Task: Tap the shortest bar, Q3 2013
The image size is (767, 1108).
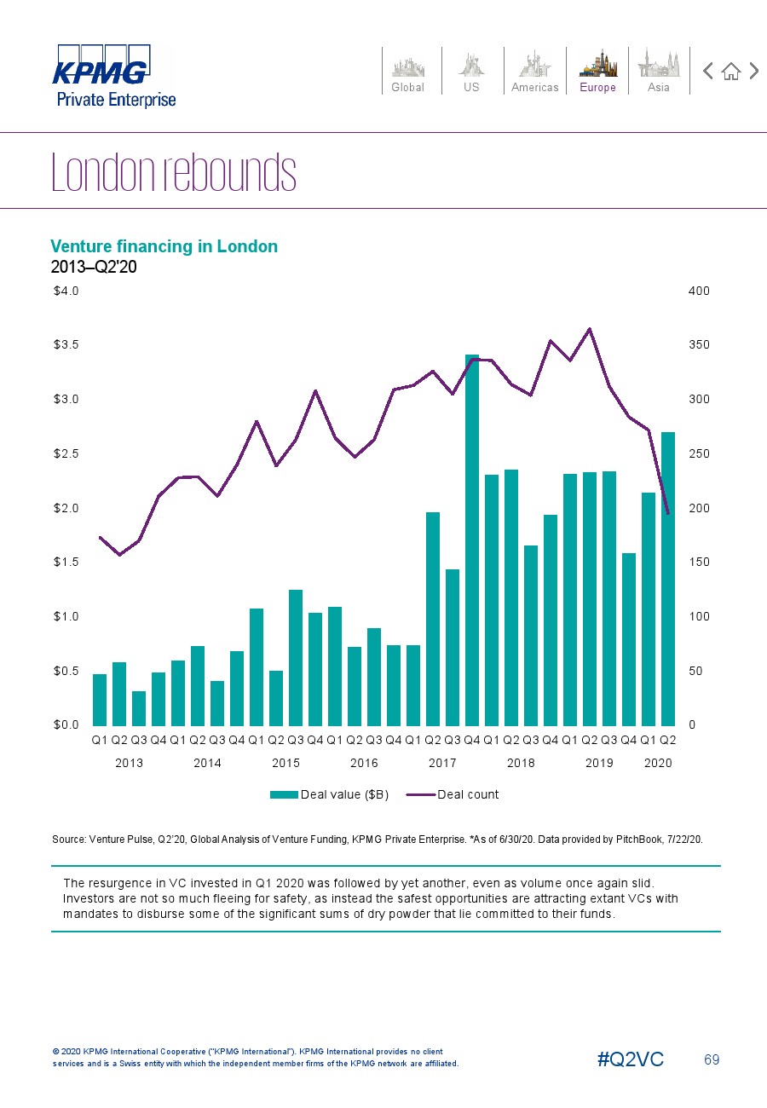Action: click(139, 707)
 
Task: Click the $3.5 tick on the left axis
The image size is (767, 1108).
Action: click(66, 345)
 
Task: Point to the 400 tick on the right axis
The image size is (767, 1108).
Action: click(699, 291)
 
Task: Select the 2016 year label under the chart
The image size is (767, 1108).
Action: click(364, 763)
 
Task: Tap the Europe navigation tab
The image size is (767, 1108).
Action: click(597, 71)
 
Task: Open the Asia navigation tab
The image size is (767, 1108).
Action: click(659, 71)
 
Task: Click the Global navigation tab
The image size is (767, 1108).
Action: click(407, 71)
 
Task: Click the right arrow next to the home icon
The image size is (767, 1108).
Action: click(754, 71)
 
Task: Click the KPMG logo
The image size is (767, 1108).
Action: click(102, 68)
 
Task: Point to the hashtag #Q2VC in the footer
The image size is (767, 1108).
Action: click(631, 1059)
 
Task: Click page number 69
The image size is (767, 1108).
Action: click(712, 1059)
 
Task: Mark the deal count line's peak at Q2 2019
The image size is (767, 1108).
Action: click(590, 329)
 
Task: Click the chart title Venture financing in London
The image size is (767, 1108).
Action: click(164, 246)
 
